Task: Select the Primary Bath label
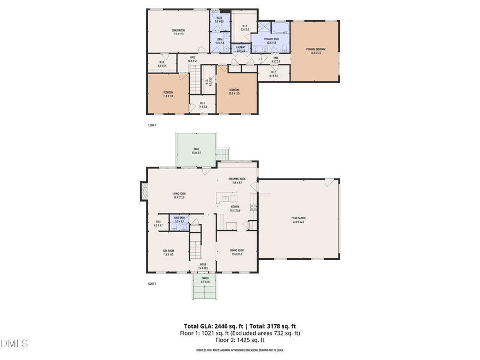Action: (x=271, y=41)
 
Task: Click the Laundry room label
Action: (x=241, y=48)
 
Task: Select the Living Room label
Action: (x=179, y=195)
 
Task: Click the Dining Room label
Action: (x=237, y=252)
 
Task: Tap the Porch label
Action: (x=205, y=279)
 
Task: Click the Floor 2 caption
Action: (x=151, y=125)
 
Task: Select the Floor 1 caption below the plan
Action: (x=151, y=284)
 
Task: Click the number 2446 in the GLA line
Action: (x=216, y=326)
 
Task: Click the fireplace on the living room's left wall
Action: (x=143, y=191)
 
